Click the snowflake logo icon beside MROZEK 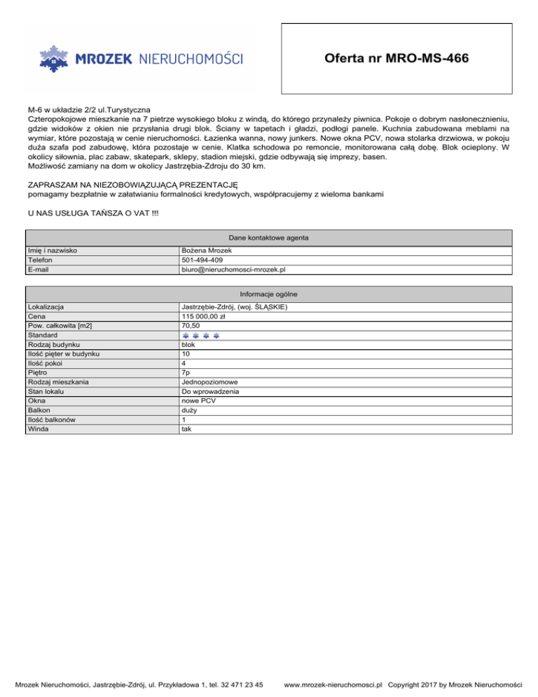coord(54,58)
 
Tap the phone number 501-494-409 coord(202,259)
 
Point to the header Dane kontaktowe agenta coord(269,237)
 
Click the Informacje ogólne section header coord(269,294)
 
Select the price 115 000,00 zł coord(202,316)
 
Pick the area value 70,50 coord(190,325)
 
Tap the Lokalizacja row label coord(46,307)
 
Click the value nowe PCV coord(198,401)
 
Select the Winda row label coord(37,428)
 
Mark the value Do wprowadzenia coord(211,391)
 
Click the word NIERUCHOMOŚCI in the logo coord(191,59)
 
